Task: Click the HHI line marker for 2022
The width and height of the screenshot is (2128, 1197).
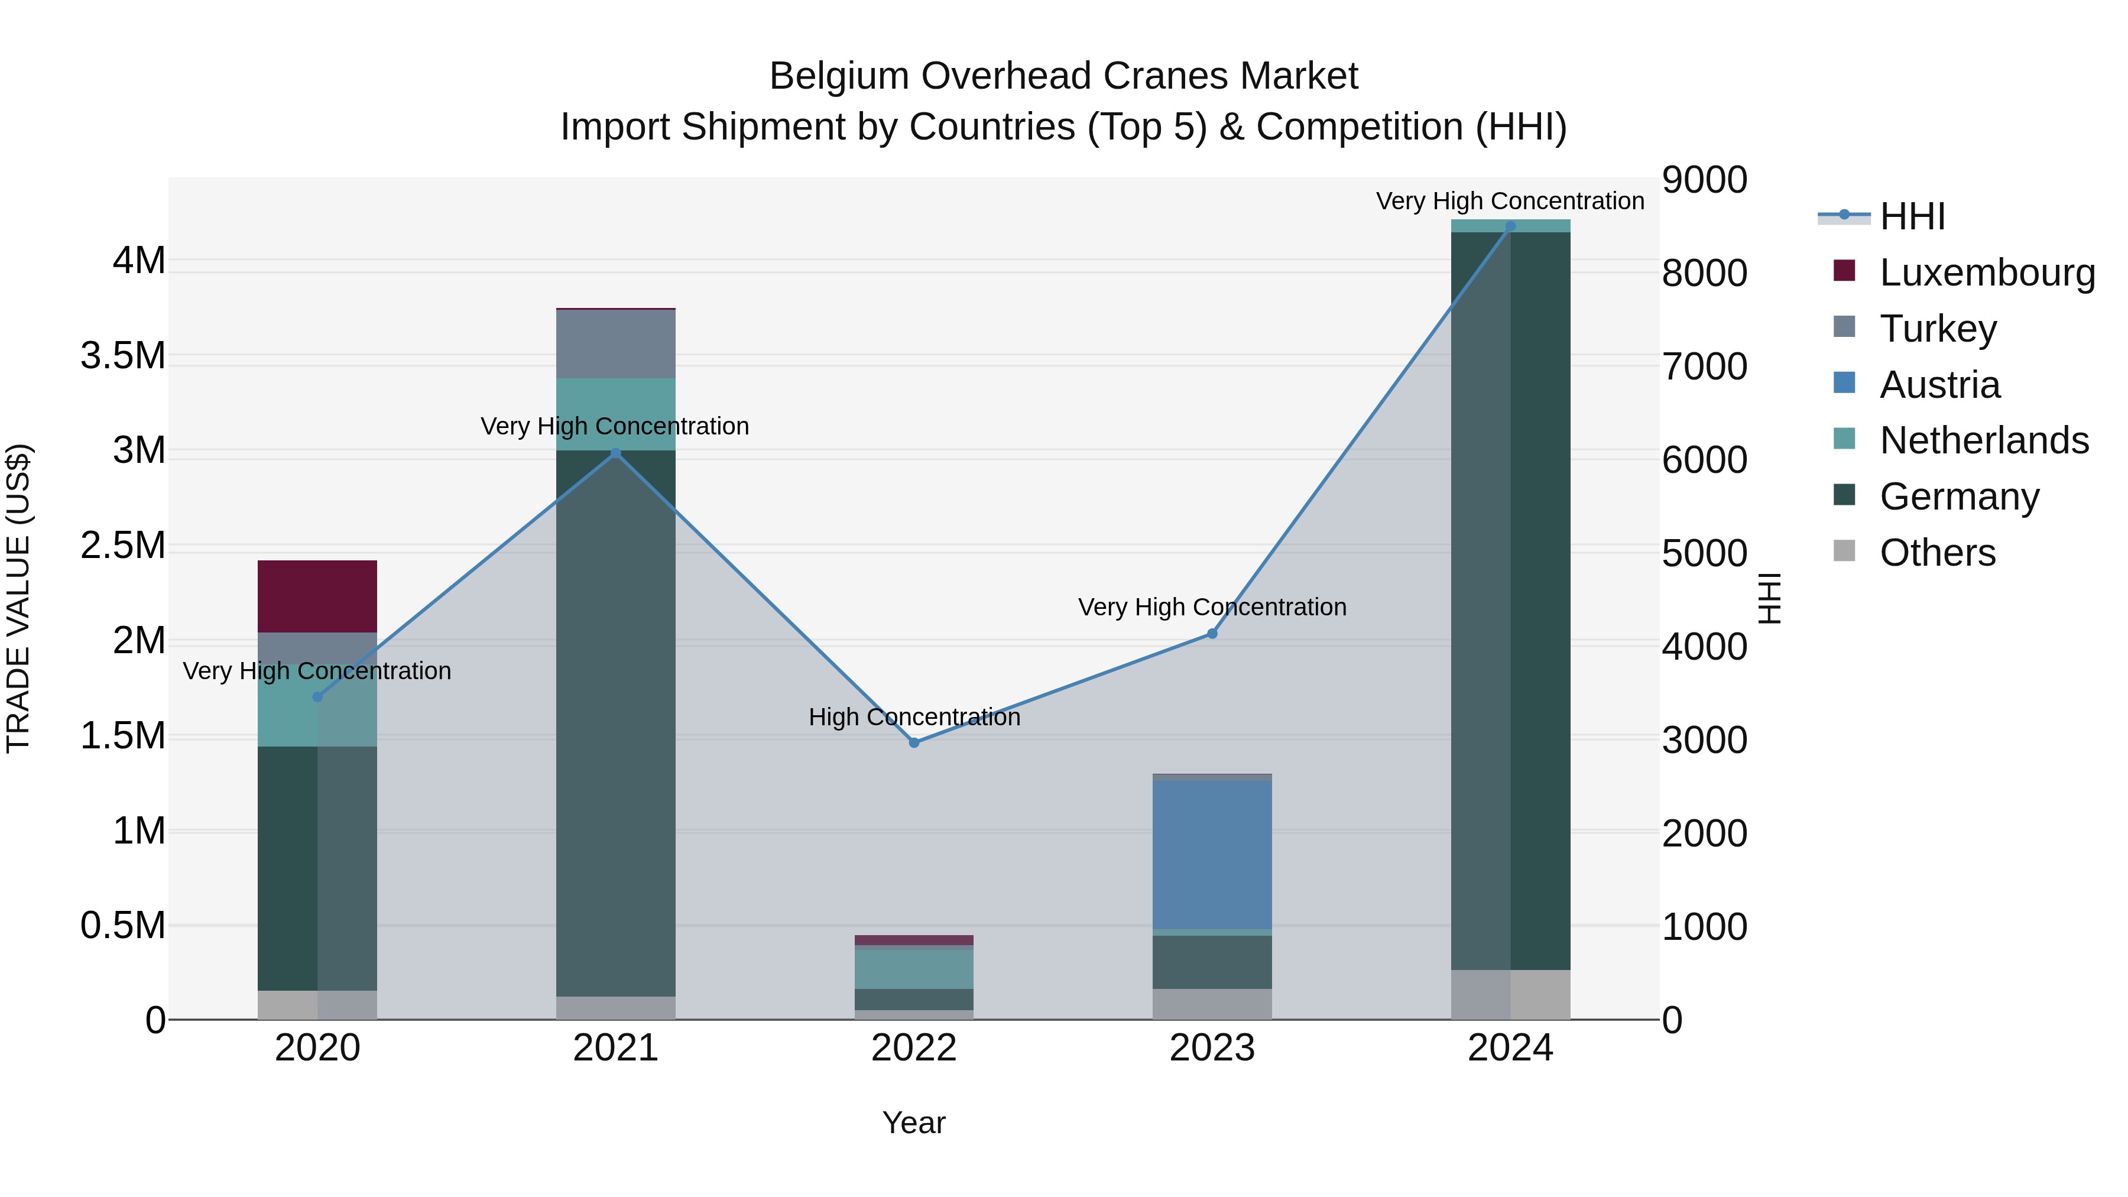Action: point(914,742)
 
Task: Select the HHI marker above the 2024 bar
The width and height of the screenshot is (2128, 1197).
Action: point(1510,226)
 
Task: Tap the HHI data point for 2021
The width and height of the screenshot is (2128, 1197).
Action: point(615,453)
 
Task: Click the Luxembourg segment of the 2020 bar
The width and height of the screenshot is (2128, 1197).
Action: point(317,596)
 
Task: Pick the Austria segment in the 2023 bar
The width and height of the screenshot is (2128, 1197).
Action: point(1212,855)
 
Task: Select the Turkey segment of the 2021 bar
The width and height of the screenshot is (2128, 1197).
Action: point(615,343)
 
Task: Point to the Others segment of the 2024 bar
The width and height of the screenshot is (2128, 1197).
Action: point(1510,995)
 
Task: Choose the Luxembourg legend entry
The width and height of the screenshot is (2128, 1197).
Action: point(1986,273)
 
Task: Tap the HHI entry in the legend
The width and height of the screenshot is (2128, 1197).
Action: point(1912,216)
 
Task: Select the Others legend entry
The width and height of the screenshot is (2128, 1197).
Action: point(1936,553)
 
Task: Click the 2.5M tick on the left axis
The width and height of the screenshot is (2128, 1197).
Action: point(123,546)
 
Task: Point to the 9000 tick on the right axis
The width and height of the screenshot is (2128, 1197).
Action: point(1704,180)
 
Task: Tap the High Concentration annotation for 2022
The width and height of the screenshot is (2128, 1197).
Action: point(914,717)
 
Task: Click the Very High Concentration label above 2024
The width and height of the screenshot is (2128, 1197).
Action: point(1510,202)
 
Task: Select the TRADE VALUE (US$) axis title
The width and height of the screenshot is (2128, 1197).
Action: point(18,598)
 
